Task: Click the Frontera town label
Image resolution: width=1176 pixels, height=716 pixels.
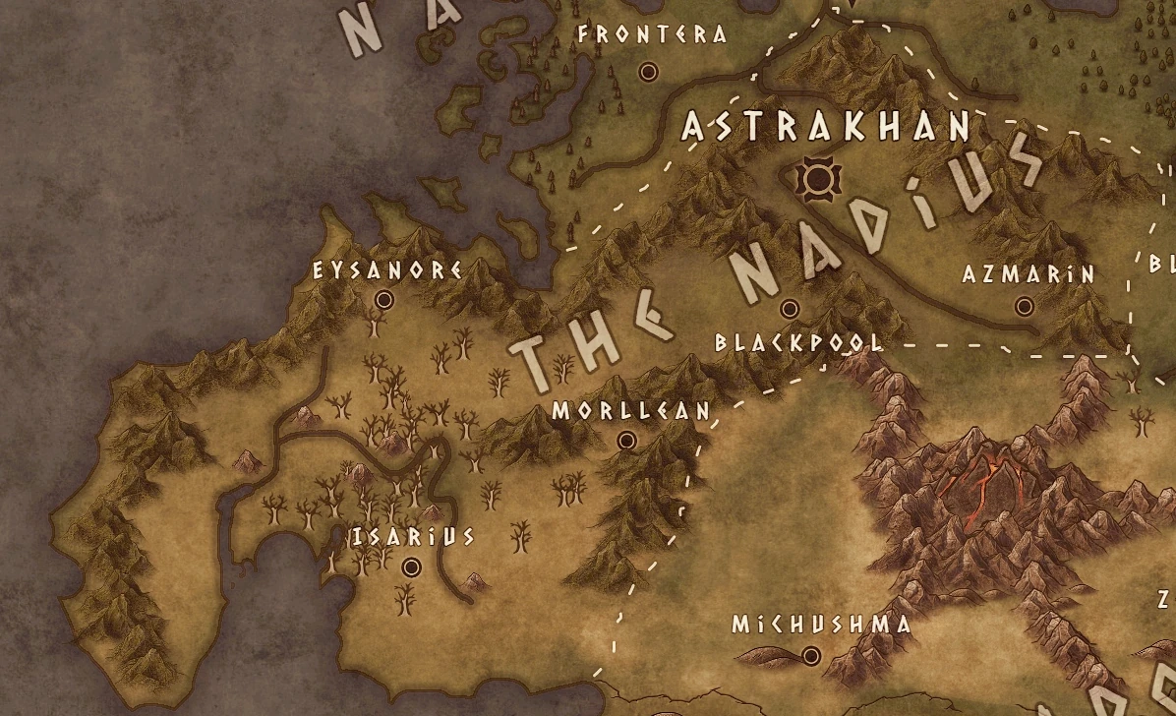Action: coord(653,35)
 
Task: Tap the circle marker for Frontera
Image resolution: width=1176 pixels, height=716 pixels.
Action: coord(648,72)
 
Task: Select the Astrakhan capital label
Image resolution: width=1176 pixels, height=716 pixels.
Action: coord(827,127)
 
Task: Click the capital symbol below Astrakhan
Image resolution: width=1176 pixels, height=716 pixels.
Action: coord(815,178)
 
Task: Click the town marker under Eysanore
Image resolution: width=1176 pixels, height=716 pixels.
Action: coord(384,300)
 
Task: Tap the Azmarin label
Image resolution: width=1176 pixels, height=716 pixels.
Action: coord(1029,275)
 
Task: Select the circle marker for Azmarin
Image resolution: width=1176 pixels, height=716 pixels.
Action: coord(1024,307)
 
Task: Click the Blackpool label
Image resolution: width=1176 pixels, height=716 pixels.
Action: coord(798,343)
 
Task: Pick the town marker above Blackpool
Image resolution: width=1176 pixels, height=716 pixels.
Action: coord(789,309)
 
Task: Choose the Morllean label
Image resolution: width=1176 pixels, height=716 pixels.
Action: coord(630,411)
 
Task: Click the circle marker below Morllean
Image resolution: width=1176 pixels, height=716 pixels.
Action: coord(626,442)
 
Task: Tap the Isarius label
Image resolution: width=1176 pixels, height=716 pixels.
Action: coord(414,537)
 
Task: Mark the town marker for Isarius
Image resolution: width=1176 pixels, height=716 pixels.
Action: coord(411,567)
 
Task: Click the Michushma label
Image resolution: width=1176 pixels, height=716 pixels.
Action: coord(807,625)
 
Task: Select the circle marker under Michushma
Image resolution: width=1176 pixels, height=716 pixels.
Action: coord(811,655)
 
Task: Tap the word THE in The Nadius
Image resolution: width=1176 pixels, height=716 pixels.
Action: coord(590,339)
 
